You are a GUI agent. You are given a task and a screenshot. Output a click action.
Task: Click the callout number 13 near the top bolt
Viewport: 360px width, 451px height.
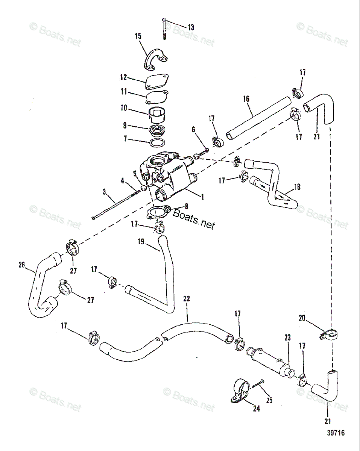pyautogui.click(x=191, y=27)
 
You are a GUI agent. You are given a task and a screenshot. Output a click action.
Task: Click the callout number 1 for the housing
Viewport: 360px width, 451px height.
pyautogui.click(x=202, y=196)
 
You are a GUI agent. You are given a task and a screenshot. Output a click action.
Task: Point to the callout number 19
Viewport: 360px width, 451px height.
pyautogui.click(x=140, y=242)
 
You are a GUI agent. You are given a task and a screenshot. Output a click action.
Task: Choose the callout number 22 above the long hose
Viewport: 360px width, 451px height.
pyautogui.click(x=187, y=299)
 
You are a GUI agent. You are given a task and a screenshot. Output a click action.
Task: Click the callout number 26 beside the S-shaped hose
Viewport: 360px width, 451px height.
pyautogui.click(x=21, y=265)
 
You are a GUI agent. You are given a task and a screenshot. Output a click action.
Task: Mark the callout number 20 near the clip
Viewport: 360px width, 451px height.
pyautogui.click(x=302, y=318)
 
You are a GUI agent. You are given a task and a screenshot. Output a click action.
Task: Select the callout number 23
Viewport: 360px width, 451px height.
pyautogui.click(x=287, y=338)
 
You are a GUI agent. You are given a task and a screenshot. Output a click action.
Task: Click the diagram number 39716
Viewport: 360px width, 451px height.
pyautogui.click(x=336, y=433)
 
